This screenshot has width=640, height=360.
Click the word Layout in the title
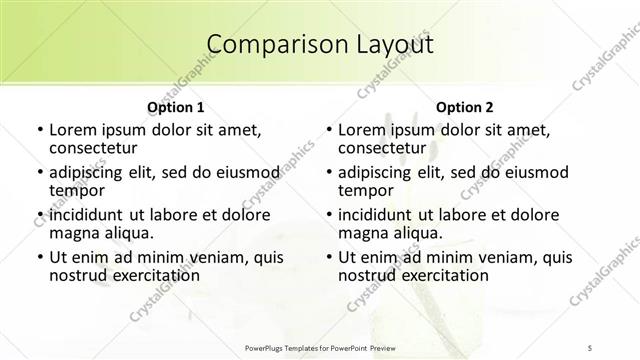click(393, 45)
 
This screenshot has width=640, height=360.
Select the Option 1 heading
click(175, 107)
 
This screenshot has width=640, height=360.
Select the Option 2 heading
click(465, 107)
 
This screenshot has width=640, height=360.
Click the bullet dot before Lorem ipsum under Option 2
click(328, 131)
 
